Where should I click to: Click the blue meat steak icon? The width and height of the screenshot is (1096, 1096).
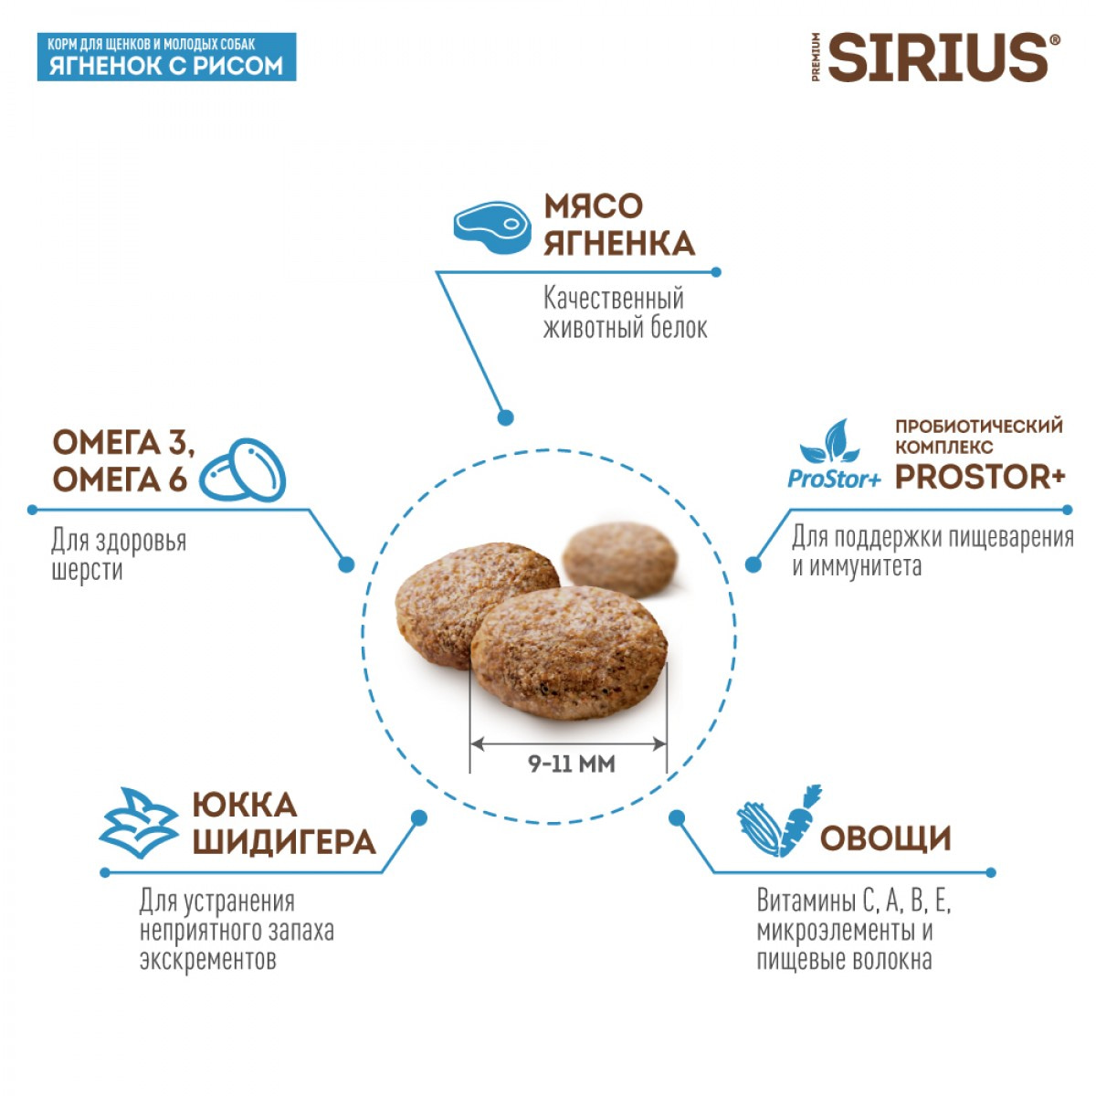pos(492,227)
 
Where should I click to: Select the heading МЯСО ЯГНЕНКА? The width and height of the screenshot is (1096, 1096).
pos(618,225)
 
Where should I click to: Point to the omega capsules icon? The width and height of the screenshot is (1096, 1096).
pos(243,470)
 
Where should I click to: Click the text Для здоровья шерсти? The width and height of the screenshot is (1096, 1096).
pos(118,554)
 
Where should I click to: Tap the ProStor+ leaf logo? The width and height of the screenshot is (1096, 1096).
pos(834,455)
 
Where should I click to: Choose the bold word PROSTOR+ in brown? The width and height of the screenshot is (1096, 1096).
pos(980,477)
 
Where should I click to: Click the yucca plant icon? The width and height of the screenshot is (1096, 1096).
pos(138,822)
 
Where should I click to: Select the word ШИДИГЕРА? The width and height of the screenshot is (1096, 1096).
pos(284,841)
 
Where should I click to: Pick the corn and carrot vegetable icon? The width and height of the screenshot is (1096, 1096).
pos(778,821)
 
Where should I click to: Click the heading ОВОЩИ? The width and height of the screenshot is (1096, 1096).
pos(885,838)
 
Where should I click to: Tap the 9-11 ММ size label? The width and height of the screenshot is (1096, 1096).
pos(572,764)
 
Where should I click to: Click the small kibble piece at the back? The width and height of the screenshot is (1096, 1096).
pos(620,558)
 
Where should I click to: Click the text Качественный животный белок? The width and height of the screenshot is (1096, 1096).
pos(625,312)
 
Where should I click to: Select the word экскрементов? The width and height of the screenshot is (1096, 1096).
pos(207,960)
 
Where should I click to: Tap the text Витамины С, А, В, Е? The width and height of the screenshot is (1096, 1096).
pos(853,901)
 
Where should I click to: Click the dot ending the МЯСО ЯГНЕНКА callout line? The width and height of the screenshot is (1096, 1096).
pos(505,417)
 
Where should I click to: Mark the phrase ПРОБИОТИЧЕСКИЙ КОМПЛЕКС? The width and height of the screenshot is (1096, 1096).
pos(978,436)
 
